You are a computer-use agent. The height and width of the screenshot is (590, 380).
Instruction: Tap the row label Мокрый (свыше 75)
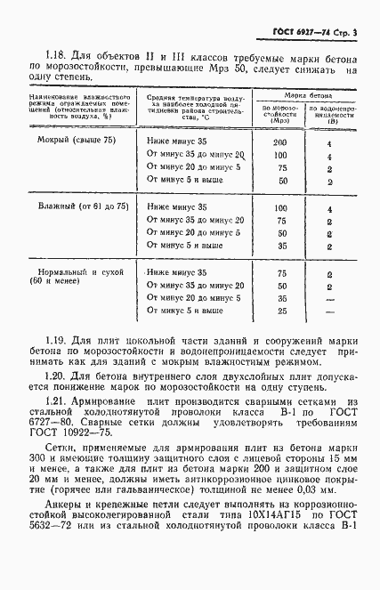coord(68,141)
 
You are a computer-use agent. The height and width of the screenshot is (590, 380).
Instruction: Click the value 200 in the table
coord(280,141)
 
